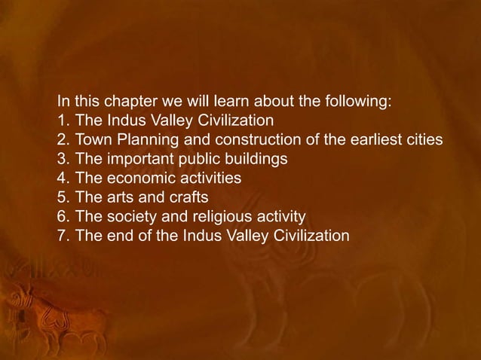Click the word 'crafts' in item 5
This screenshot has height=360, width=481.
pos(189,198)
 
